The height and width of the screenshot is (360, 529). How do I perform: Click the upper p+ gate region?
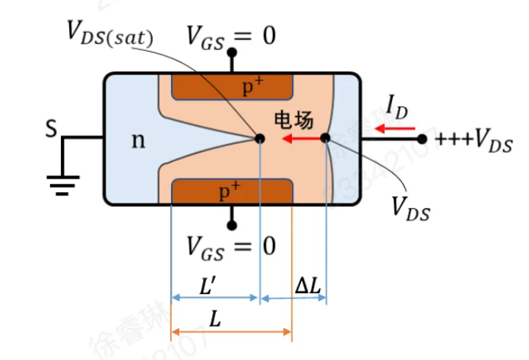click(233, 87)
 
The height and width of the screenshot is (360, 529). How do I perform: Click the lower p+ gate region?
click(233, 191)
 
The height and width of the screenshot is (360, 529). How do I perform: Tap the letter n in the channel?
click(138, 140)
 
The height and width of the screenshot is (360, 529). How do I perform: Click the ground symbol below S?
click(62, 181)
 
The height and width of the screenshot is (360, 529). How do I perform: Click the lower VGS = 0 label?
click(232, 246)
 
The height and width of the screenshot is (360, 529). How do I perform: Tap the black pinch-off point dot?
click(260, 138)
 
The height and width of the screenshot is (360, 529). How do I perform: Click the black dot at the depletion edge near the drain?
click(325, 138)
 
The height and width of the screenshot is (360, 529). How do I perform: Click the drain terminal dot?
click(423, 139)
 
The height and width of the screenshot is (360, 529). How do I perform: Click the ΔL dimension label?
click(307, 285)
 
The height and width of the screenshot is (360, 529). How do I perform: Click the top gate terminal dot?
click(232, 53)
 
